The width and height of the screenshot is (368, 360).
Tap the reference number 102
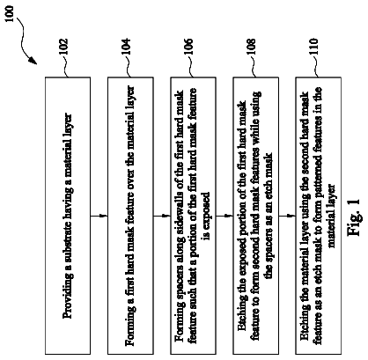63,47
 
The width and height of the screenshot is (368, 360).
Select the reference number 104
126,47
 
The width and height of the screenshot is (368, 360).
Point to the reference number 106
188,47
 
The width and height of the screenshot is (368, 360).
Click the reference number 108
251,47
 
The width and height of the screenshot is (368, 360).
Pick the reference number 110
313,47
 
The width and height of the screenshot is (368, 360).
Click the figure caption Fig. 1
354,217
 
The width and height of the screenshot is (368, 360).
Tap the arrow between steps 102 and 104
99,217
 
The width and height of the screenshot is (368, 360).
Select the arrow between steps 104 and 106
162,217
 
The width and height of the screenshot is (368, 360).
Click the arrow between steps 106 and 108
224,217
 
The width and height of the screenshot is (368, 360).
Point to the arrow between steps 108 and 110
287,217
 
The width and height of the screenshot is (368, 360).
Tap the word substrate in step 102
68,240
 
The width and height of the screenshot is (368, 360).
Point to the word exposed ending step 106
207,210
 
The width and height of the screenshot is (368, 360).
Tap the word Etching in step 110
305,325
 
